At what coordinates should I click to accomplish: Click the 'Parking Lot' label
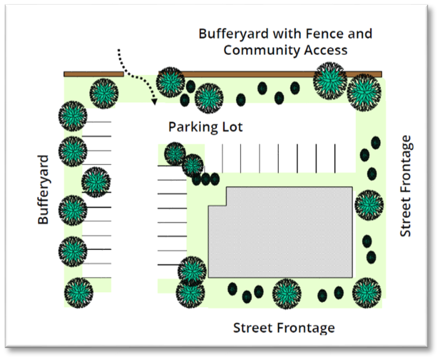[205, 127]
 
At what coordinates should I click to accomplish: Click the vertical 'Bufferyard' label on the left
[43, 190]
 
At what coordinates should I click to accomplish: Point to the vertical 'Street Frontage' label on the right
[406, 186]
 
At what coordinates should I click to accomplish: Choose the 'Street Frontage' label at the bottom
[284, 328]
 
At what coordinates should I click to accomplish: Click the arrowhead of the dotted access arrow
[155, 101]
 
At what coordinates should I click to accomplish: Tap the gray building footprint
[279, 232]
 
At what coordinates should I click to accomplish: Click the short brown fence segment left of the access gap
[93, 74]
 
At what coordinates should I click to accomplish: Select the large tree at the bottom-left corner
[79, 292]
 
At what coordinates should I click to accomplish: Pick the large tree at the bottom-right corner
[366, 292]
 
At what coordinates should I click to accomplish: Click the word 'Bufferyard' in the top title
[232, 33]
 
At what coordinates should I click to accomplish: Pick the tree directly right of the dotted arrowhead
[171, 82]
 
